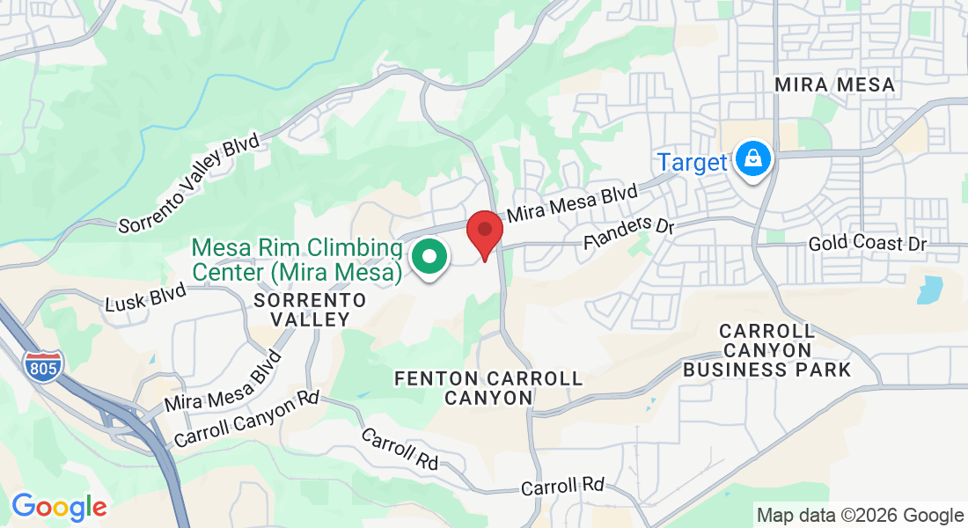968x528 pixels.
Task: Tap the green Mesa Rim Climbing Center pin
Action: [429, 258]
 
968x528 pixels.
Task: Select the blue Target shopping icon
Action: [753, 159]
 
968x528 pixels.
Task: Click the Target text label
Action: [693, 163]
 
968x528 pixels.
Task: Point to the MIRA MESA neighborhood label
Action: [835, 85]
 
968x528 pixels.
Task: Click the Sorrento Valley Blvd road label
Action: [190, 184]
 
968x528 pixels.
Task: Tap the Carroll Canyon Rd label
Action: [246, 418]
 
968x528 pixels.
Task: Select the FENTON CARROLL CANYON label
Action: [488, 388]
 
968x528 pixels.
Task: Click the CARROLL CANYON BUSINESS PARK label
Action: [767, 350]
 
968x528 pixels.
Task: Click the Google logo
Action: [59, 507]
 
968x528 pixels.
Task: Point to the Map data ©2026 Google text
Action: [861, 516]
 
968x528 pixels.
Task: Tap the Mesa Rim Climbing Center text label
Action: [297, 259]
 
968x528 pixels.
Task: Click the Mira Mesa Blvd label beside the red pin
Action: [571, 202]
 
